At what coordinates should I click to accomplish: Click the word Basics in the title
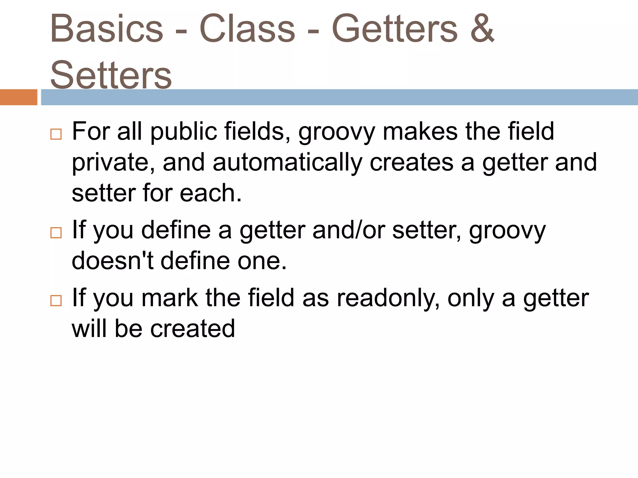click(x=107, y=29)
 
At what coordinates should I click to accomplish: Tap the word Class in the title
click(x=247, y=29)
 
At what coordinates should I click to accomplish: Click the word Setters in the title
click(x=111, y=75)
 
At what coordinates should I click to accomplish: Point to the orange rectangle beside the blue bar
click(x=18, y=97)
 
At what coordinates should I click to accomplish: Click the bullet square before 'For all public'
click(x=56, y=134)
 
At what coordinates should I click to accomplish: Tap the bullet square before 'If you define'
click(x=56, y=232)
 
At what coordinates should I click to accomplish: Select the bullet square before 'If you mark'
click(x=56, y=301)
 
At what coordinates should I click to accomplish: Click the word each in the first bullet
click(x=210, y=193)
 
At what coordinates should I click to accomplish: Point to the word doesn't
click(x=112, y=260)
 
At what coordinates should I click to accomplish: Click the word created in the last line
click(x=193, y=329)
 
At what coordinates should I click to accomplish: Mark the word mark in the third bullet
click(x=169, y=298)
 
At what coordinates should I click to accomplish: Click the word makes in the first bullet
click(x=420, y=131)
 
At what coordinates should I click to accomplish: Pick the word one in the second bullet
click(x=261, y=260)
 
